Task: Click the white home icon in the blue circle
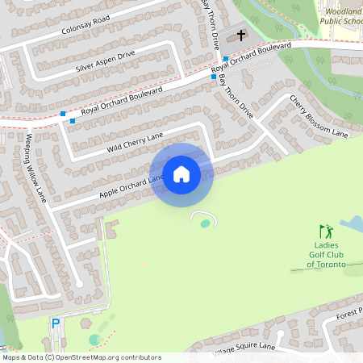tap(181, 174)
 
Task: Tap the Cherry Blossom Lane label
tap(319, 116)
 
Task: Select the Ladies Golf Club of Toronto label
tap(326, 254)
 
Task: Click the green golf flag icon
tap(325, 232)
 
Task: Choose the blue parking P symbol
tap(56, 323)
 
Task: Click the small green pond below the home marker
tap(206, 223)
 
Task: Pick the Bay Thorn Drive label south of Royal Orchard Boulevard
tap(240, 102)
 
